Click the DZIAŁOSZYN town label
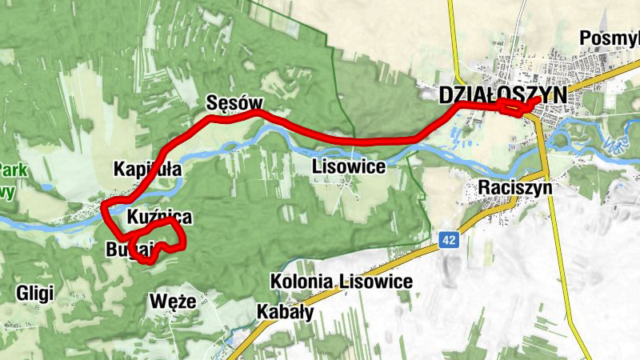point(502,94)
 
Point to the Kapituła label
point(148,170)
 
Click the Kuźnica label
point(159,217)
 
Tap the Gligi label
point(34,294)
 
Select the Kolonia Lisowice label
point(342,282)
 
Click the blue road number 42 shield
point(450,239)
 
